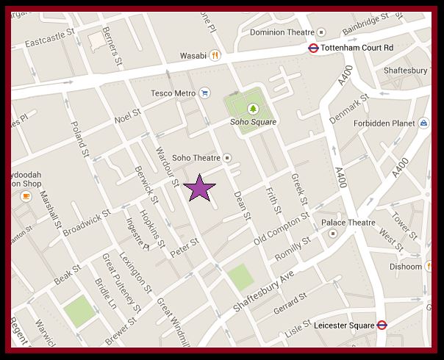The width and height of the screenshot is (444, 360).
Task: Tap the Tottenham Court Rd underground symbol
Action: point(312,48)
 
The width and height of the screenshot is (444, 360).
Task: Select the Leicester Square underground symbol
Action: point(382,325)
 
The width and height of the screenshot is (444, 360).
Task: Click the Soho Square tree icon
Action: point(253,109)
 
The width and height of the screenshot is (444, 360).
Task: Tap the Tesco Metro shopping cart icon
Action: point(204,93)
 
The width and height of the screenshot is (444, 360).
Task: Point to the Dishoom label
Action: point(407,267)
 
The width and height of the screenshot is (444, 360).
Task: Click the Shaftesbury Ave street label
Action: point(265,284)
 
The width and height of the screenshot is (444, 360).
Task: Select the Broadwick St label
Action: point(86,221)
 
